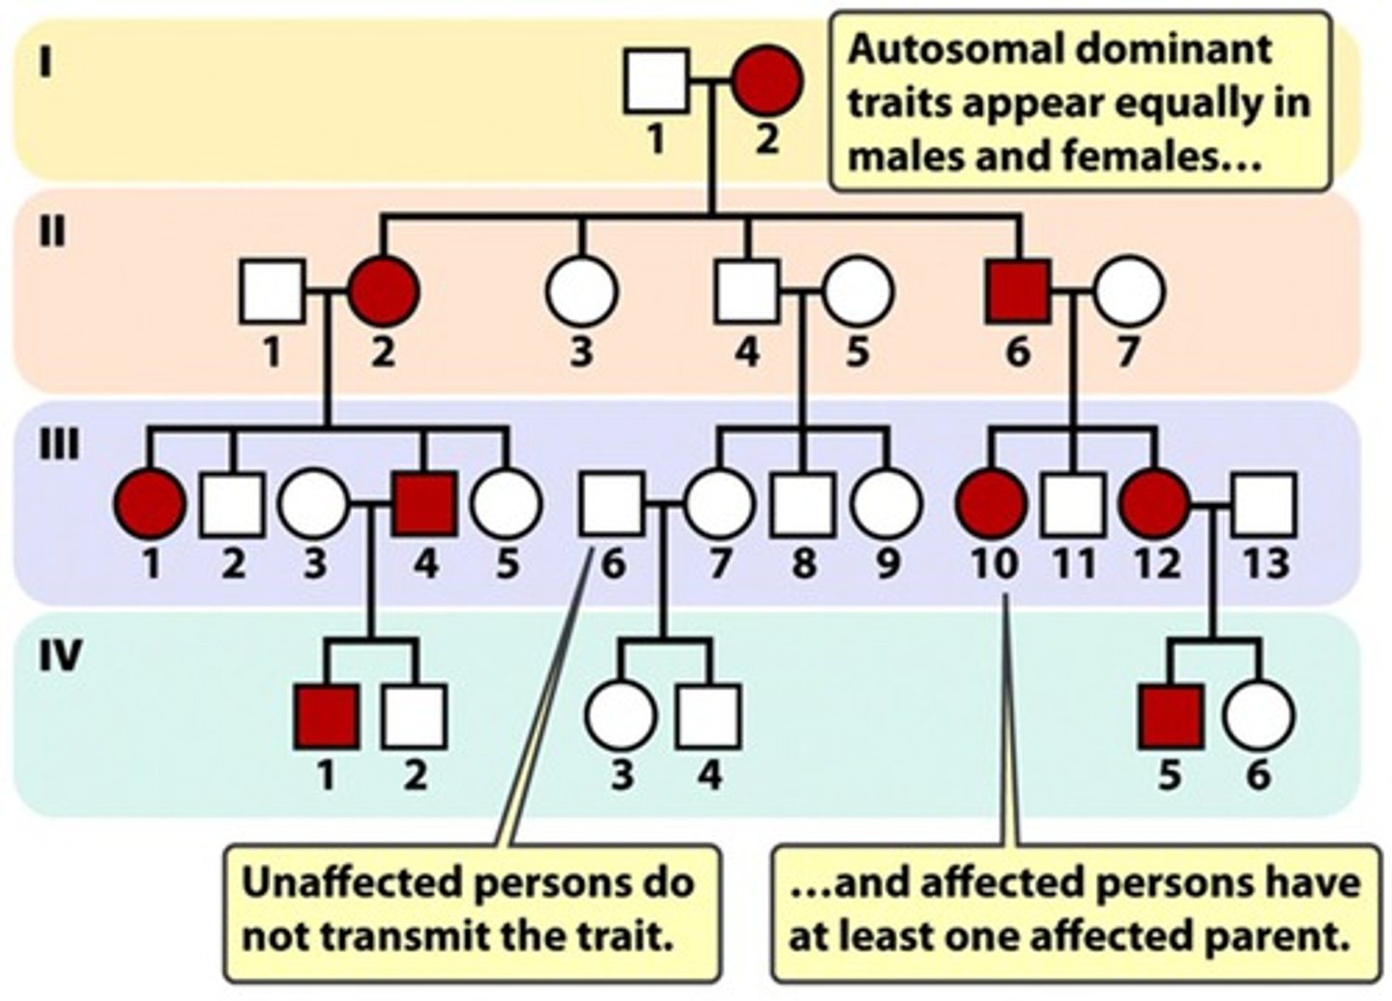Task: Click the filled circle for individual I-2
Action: point(767,82)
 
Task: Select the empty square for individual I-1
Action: point(657,82)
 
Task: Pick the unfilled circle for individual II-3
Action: point(580,291)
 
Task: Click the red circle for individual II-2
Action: point(384,291)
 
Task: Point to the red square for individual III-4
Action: point(425,504)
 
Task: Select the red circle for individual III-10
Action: point(992,504)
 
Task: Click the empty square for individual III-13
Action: point(1264,504)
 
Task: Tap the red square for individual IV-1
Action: point(327,717)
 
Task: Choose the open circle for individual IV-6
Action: point(1258,717)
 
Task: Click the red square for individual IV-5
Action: point(1171,717)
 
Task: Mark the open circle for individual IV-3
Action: point(621,717)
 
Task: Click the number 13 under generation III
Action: point(1264,562)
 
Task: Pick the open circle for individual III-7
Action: point(717,504)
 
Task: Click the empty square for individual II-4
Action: point(746,291)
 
